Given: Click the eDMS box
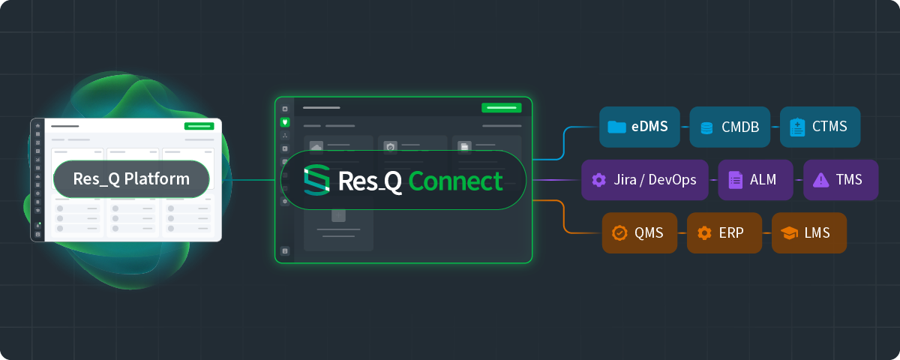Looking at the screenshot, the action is (639, 127).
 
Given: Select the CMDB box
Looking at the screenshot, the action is (730, 127).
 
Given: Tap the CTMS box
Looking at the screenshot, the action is (820, 127).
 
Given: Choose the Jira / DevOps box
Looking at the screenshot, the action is (644, 180).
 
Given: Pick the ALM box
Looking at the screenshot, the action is (755, 180).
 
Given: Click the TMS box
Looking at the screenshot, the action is (841, 180).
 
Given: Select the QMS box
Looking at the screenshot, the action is (639, 233).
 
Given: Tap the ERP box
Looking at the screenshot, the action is (724, 233).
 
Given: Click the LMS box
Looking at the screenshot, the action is (808, 233).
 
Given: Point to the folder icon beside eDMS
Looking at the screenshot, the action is (616, 127).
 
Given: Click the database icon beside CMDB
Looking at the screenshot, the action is (706, 128).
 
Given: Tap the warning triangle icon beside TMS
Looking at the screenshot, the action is (820, 180).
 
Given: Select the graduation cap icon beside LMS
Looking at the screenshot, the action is (789, 232).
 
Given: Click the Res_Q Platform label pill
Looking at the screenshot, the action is (131, 179).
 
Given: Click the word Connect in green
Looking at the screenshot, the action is (455, 181).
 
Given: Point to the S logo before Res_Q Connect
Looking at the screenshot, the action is (316, 180).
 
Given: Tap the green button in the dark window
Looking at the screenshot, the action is (502, 108).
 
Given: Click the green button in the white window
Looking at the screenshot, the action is (199, 126).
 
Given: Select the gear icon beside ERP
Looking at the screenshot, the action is (704, 233).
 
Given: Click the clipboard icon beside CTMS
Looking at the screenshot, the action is (797, 127).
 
